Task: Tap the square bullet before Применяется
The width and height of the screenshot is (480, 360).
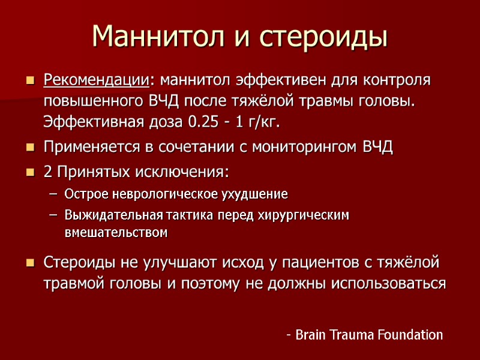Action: click(31, 148)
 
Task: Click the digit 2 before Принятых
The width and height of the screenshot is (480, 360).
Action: click(48, 172)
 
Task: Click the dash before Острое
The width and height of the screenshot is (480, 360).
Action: click(53, 194)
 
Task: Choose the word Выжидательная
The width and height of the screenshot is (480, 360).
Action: click(105, 214)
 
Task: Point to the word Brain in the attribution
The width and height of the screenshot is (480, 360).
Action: click(313, 335)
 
